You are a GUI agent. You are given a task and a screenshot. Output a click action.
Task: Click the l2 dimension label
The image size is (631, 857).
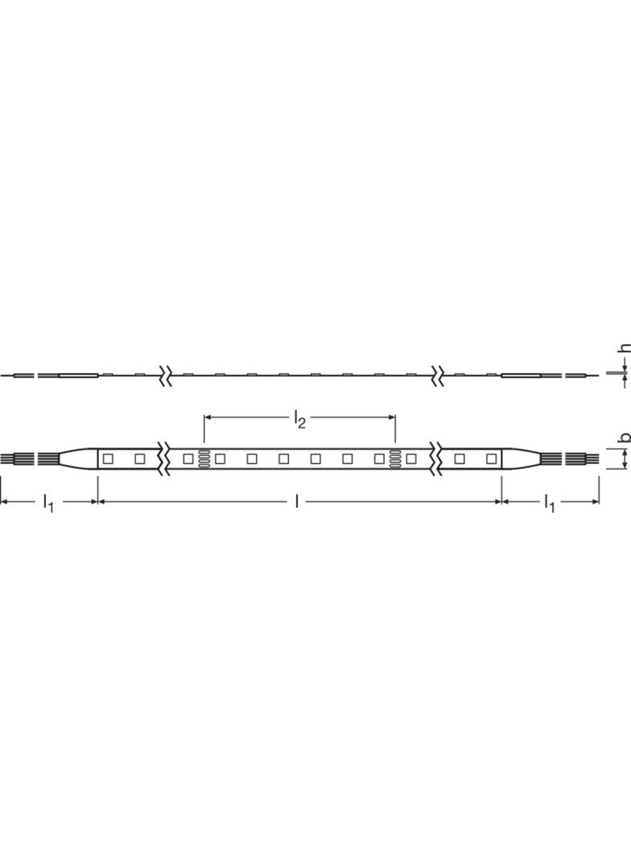299,420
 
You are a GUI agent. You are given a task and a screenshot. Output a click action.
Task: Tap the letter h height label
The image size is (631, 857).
625,347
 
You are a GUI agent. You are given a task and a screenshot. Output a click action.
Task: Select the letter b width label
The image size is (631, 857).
625,437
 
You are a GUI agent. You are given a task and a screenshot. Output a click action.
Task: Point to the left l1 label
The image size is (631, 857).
48,502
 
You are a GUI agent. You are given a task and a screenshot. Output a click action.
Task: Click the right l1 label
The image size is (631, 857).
549,502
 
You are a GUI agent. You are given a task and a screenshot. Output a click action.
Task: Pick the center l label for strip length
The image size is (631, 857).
297,501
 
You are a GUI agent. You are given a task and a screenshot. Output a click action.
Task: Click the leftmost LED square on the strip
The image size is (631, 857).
108,458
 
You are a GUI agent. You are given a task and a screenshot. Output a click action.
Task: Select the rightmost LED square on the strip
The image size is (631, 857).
491,458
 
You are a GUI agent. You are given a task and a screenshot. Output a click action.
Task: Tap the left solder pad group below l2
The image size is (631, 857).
204,458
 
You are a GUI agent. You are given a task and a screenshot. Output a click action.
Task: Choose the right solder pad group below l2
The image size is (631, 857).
395,458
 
